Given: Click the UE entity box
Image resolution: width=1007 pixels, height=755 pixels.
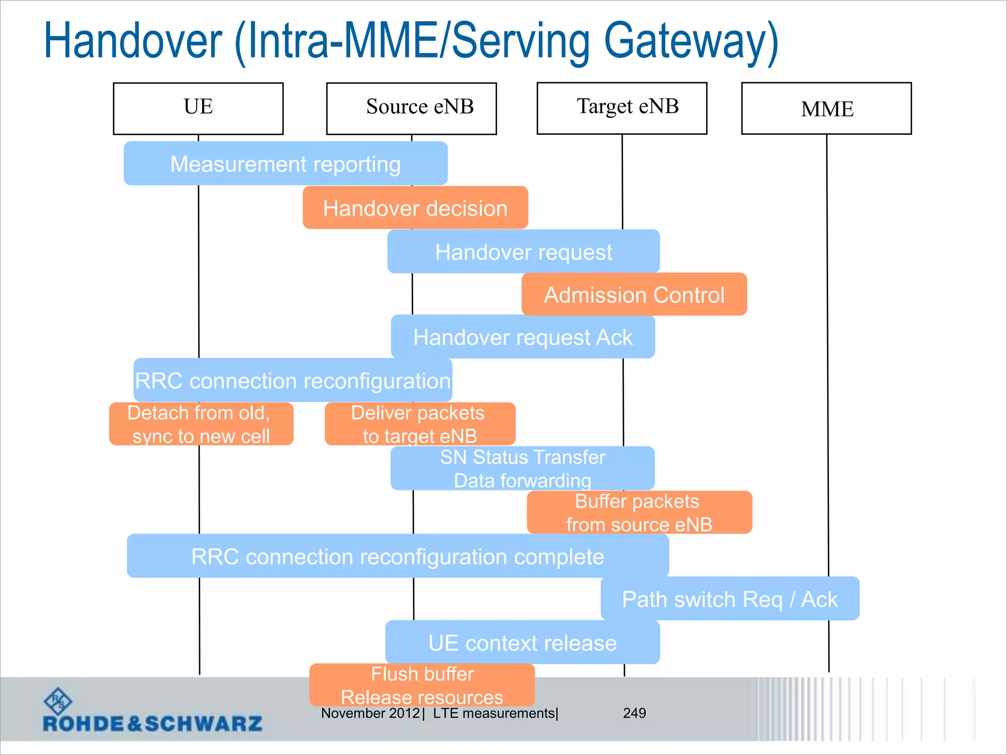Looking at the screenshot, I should coord(198,108).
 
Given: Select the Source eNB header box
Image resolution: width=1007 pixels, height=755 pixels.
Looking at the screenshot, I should coord(412,108).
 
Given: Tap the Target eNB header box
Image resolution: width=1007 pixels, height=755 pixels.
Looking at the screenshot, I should coord(622,108).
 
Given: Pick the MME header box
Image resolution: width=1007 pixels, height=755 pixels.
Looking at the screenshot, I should coord(827,108).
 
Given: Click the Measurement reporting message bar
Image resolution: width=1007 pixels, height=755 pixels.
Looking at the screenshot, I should coord(285,164).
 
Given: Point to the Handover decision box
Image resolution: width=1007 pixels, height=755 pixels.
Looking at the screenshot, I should coord(415,208).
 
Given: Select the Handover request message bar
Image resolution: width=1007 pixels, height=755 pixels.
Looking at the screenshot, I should coord(524,252).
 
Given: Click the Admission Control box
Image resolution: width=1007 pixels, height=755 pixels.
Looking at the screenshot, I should coord(634,294).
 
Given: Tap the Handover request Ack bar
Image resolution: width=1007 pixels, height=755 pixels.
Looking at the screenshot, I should coord(523,337).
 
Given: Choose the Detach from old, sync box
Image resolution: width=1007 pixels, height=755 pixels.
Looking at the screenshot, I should coord(201,424).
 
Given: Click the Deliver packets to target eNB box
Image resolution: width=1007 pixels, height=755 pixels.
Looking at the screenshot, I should coord(420,424).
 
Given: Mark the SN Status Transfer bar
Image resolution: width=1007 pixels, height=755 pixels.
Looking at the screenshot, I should coord(522,468).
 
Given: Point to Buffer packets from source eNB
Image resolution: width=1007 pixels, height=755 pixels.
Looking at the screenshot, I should coord(639,512).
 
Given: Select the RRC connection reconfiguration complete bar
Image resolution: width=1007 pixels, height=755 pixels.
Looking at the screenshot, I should coord(397,556).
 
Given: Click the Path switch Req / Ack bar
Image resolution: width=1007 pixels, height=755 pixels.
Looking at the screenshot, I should coord(730,599).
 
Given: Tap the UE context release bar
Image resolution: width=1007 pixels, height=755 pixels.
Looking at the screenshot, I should coord(522,642).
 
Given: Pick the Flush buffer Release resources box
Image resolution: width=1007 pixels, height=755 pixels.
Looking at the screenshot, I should coord(422,685).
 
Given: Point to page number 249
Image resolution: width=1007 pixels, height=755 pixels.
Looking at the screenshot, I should coord(634,713).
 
